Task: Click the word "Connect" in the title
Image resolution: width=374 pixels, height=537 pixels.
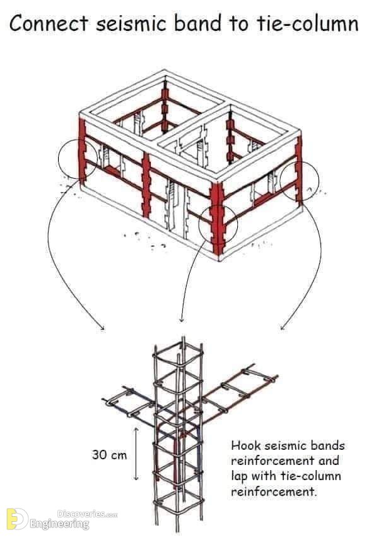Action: [x=49, y=24]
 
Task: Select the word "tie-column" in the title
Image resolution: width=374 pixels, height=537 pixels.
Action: [x=307, y=24]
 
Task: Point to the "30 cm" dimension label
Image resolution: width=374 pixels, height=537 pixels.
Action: [x=109, y=455]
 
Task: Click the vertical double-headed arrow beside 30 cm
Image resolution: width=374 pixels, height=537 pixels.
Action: [x=136, y=454]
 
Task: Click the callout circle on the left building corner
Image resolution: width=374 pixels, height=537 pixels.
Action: [x=59, y=159]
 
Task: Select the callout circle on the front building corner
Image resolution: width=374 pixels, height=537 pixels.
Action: [x=199, y=224]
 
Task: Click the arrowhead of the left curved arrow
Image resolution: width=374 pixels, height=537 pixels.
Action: [x=103, y=329]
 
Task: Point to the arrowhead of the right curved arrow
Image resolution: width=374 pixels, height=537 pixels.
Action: [x=282, y=329]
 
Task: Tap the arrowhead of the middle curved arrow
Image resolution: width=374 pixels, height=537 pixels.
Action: [x=182, y=320]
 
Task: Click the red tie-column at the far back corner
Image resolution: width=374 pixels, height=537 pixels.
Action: [x=165, y=106]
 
